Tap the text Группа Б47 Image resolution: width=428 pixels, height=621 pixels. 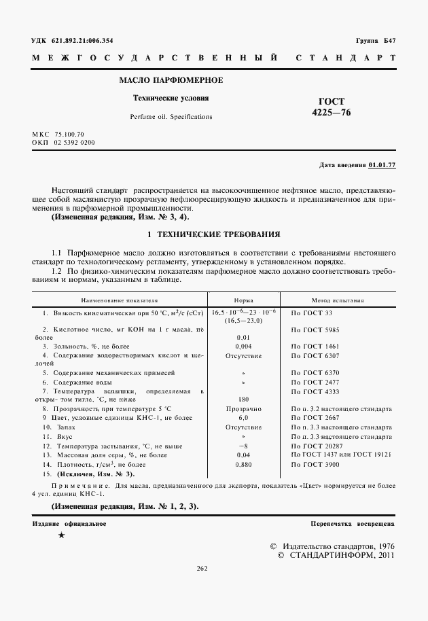click(376, 40)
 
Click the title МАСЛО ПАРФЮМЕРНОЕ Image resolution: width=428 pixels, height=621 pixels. click(171, 81)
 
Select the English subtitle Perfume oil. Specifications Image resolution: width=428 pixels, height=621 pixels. click(171, 117)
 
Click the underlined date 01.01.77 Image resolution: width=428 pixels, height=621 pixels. click(382, 165)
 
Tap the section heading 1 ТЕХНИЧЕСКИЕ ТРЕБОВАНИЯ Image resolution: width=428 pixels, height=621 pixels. click(214, 234)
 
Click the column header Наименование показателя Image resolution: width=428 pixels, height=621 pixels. click(119, 299)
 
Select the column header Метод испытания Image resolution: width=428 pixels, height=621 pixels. click(338, 299)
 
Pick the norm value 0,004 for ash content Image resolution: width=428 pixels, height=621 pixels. click(243, 346)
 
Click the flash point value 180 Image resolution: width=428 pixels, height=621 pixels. click(243, 400)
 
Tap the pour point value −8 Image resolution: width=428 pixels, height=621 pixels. click(243, 445)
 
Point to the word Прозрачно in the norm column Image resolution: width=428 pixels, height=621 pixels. click(243, 410)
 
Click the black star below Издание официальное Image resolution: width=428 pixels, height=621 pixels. click(61, 537)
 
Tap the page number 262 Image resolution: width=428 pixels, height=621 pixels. click(202, 569)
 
